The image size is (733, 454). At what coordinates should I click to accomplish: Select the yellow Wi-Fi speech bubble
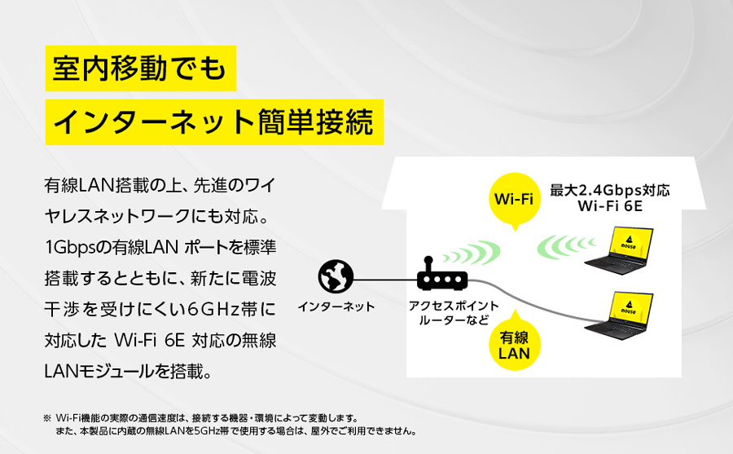pyautogui.click(x=514, y=199)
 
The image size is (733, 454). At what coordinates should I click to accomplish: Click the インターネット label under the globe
pyautogui.click(x=336, y=307)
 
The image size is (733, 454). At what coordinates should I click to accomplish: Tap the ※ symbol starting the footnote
pyautogui.click(x=46, y=417)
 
